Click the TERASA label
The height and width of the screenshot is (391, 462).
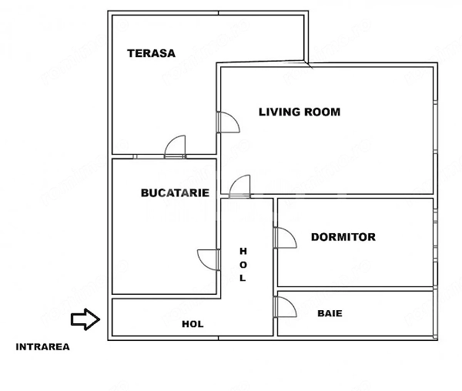[151, 53]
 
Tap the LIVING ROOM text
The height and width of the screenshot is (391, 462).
[300, 112]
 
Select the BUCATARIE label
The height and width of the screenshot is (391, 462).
[175, 193]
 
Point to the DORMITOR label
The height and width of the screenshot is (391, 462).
[343, 237]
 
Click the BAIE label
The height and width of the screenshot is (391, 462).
[330, 313]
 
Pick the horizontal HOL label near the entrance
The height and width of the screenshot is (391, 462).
[192, 324]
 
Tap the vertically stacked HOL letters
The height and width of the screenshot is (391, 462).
[243, 265]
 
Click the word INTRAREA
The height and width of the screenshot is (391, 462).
[42, 347]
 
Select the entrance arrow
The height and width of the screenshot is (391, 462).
[85, 319]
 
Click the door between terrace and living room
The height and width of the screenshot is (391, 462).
[228, 122]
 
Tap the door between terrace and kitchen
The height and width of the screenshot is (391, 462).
[175, 146]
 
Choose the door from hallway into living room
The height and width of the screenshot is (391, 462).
[239, 186]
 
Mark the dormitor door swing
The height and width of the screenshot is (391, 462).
[285, 238]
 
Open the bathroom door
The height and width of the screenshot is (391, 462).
[285, 307]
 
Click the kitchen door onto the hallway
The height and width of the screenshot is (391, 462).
[209, 259]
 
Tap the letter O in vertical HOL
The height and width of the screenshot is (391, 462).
[243, 265]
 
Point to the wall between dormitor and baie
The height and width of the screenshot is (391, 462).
[355, 289]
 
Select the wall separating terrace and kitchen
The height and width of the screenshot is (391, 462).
[164, 156]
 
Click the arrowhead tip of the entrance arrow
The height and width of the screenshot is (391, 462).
[99, 319]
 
